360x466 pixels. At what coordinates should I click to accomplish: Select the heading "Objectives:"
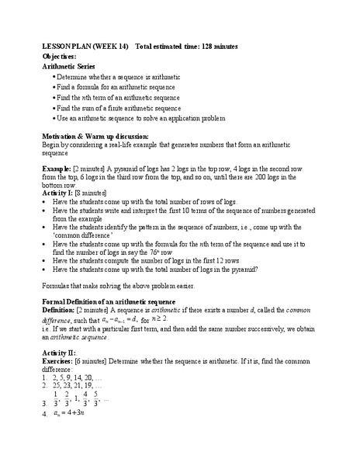pyautogui.click(x=59, y=57)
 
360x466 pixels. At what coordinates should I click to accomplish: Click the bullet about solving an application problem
pyautogui.click(x=141, y=119)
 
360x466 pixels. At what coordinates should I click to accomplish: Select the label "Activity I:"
pyautogui.click(x=59, y=192)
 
